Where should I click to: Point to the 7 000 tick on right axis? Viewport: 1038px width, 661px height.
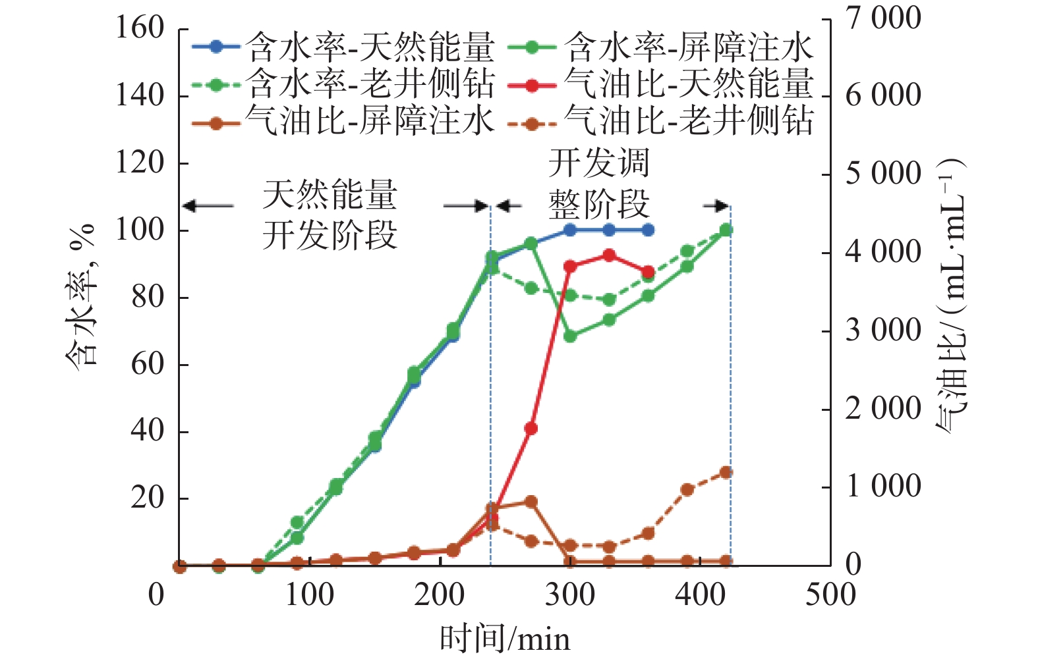884,18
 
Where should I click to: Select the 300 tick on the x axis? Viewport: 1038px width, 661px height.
570,595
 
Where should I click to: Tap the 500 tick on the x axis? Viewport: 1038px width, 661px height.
830,595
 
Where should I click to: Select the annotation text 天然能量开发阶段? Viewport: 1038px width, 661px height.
330,215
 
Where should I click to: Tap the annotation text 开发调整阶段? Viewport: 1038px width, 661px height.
598,184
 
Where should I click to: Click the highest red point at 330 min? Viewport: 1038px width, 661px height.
609,255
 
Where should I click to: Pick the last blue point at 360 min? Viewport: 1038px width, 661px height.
648,230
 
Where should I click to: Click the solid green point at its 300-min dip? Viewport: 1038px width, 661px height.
571,336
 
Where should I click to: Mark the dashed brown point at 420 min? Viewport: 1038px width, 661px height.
726,473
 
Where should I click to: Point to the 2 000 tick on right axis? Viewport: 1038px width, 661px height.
884,409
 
